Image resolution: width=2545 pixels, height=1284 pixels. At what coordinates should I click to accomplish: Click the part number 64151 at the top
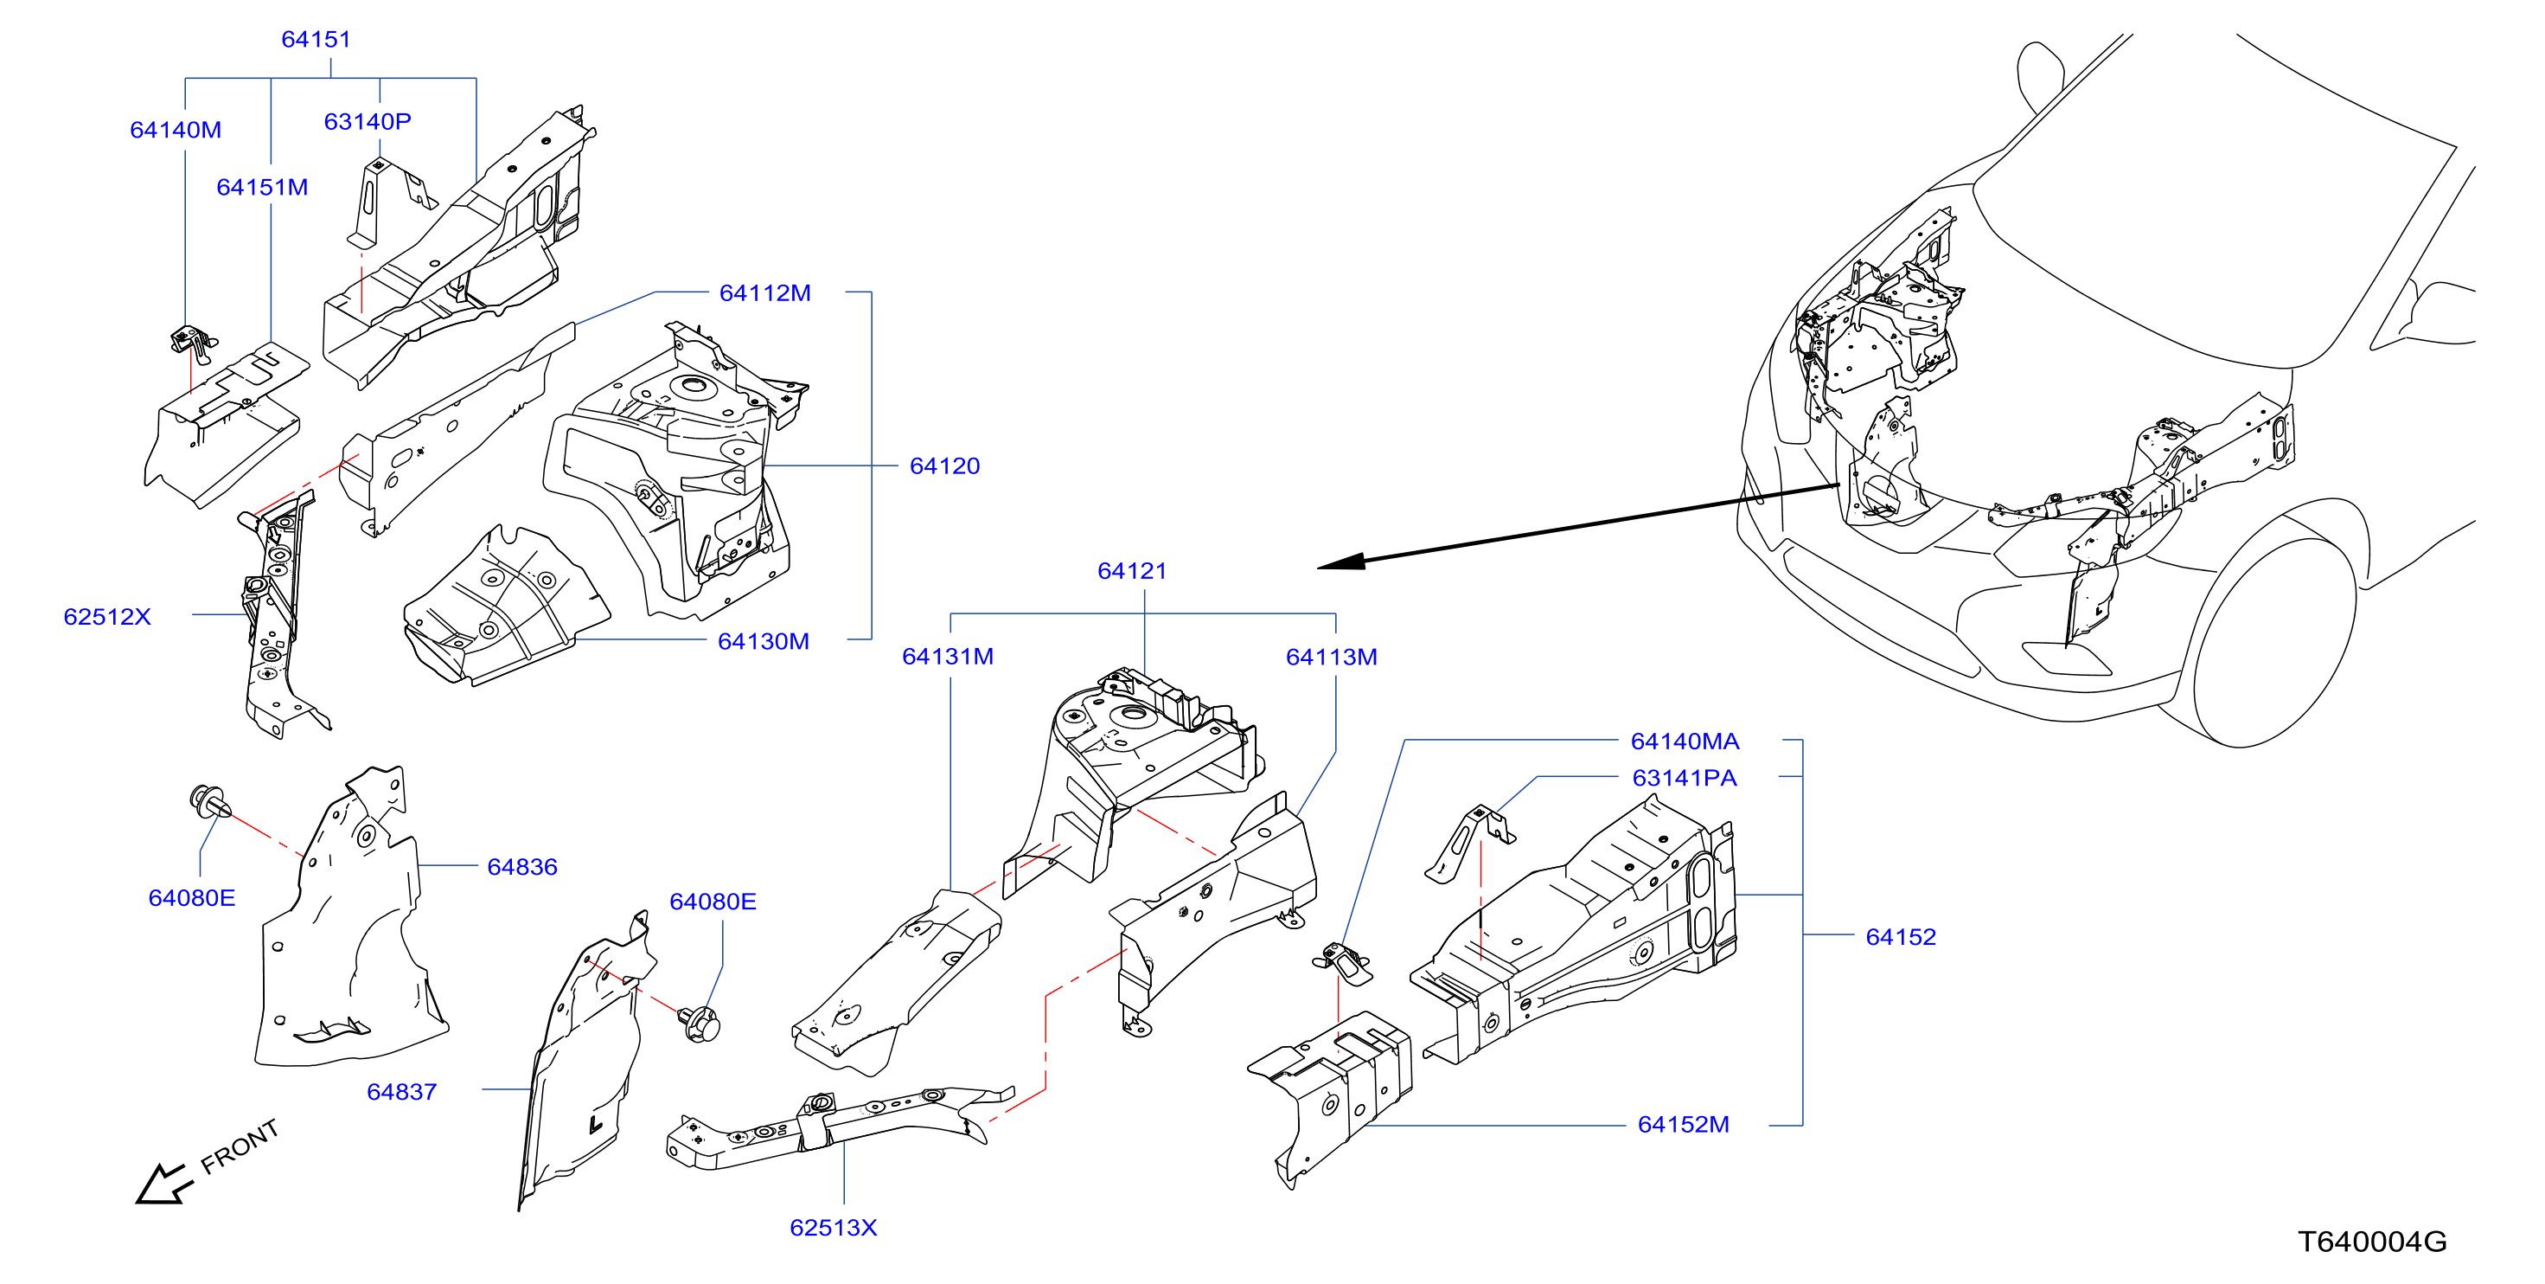coord(317,40)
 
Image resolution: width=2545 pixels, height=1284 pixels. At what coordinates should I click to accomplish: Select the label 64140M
coord(176,130)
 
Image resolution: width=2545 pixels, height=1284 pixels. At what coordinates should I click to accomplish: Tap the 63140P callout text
coord(368,122)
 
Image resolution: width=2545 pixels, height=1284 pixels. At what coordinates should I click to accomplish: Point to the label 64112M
coord(764,292)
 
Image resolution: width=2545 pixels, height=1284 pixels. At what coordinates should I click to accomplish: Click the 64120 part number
coord(944,465)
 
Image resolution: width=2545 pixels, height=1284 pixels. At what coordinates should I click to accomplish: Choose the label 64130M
coord(764,641)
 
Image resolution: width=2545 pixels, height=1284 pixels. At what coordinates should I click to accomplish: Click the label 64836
coord(522,867)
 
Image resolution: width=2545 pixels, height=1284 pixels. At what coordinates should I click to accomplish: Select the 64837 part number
coord(402,1092)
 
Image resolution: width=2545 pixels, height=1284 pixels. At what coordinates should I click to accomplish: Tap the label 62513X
coord(834,1228)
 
